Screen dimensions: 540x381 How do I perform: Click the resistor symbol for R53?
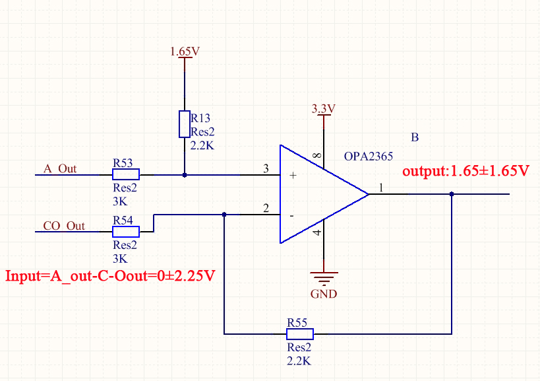tap(126, 174)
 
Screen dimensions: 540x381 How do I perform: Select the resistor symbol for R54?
tap(126, 232)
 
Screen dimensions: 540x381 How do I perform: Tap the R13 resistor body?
tap(185, 124)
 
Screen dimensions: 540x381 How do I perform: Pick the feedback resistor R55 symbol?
tap(300, 334)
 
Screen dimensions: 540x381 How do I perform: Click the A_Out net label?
tap(60, 168)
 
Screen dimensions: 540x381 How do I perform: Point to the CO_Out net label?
tap(64, 226)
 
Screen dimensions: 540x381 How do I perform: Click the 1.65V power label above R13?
tap(185, 52)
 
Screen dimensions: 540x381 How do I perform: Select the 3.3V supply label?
tap(323, 108)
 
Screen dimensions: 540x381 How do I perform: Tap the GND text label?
tap(324, 294)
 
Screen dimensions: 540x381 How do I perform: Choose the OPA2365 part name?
tap(369, 156)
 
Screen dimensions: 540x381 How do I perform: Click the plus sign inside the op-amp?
tap(293, 175)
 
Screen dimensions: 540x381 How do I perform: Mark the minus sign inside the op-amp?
tap(292, 216)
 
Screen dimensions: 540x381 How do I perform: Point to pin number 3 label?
tap(266, 168)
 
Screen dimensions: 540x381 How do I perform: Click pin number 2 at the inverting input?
tap(266, 208)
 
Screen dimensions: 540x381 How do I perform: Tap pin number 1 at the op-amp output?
tap(381, 188)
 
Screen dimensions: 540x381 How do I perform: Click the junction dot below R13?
tap(185, 175)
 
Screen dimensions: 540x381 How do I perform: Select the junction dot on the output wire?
tap(452, 194)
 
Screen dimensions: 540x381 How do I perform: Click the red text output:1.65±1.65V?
tap(465, 170)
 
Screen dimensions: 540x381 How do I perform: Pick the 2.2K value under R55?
tap(299, 361)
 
